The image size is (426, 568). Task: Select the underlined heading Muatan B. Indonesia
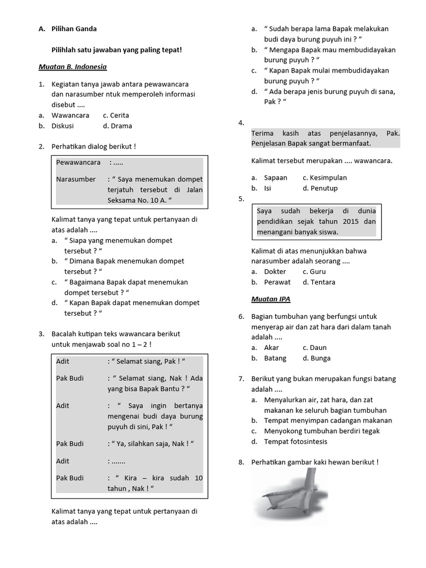pyautogui.click(x=72, y=67)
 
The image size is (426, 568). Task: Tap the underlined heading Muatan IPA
pyautogui.click(x=271, y=299)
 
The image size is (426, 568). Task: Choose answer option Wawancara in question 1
pyautogui.click(x=70, y=115)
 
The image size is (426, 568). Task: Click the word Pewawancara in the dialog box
pyautogui.click(x=78, y=163)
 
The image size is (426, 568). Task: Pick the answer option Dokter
pyautogui.click(x=275, y=272)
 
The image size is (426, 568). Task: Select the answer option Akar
pyautogui.click(x=271, y=348)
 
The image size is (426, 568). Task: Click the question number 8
pyautogui.click(x=241, y=463)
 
